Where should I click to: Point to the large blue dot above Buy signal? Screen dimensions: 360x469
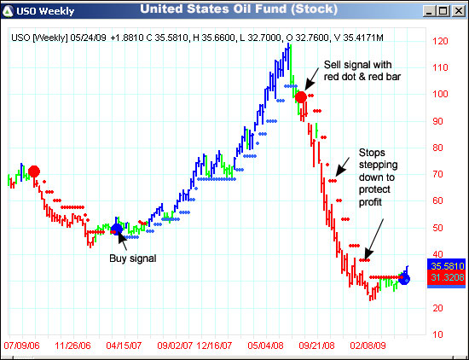coord(117,228)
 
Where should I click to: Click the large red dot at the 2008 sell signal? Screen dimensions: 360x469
coord(300,97)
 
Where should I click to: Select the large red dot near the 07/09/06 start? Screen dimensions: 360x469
coord(34,171)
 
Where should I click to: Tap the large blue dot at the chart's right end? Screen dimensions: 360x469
coord(404,279)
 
